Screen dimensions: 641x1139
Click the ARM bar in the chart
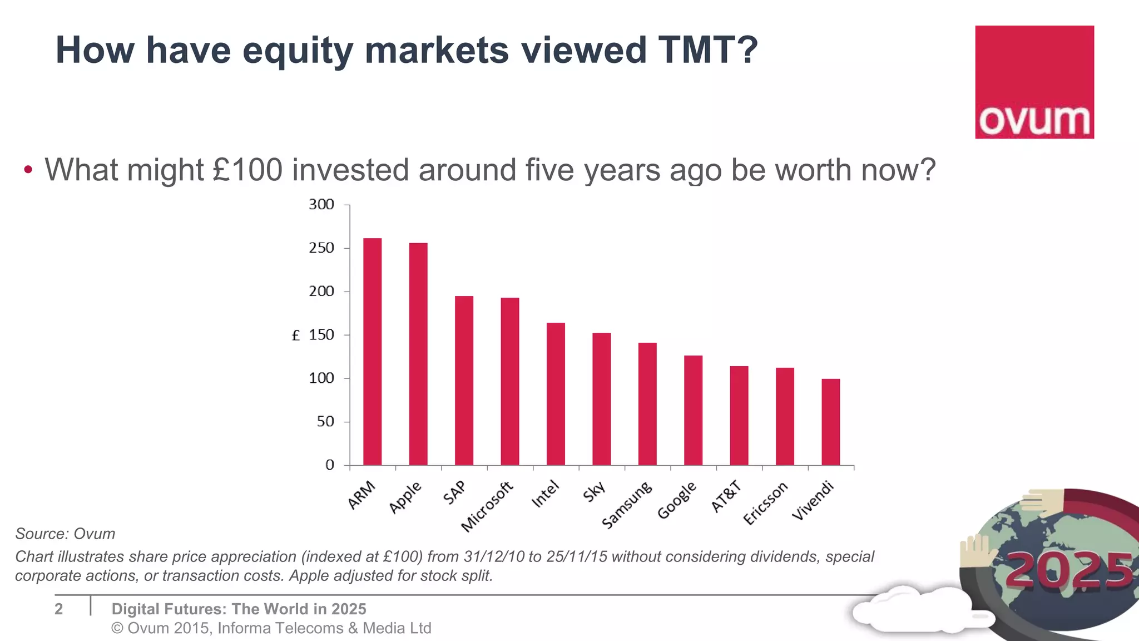(372, 352)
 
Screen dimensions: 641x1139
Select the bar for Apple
(418, 354)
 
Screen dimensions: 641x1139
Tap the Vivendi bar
(830, 422)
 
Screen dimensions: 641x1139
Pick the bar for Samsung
(647, 404)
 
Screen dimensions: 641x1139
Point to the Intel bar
(556, 394)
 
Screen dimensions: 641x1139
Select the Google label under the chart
(677, 500)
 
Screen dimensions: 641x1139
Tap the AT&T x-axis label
(726, 496)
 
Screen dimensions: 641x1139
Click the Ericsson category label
(766, 503)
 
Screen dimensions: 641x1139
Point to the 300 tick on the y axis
(321, 205)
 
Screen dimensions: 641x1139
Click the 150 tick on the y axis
(321, 335)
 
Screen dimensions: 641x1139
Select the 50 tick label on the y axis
(325, 422)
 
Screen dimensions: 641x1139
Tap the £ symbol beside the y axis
(296, 336)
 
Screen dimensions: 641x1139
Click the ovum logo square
(1034, 82)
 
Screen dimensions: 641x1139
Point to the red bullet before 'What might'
(28, 170)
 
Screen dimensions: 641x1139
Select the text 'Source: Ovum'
(65, 534)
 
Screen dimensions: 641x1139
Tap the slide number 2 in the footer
(59, 609)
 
